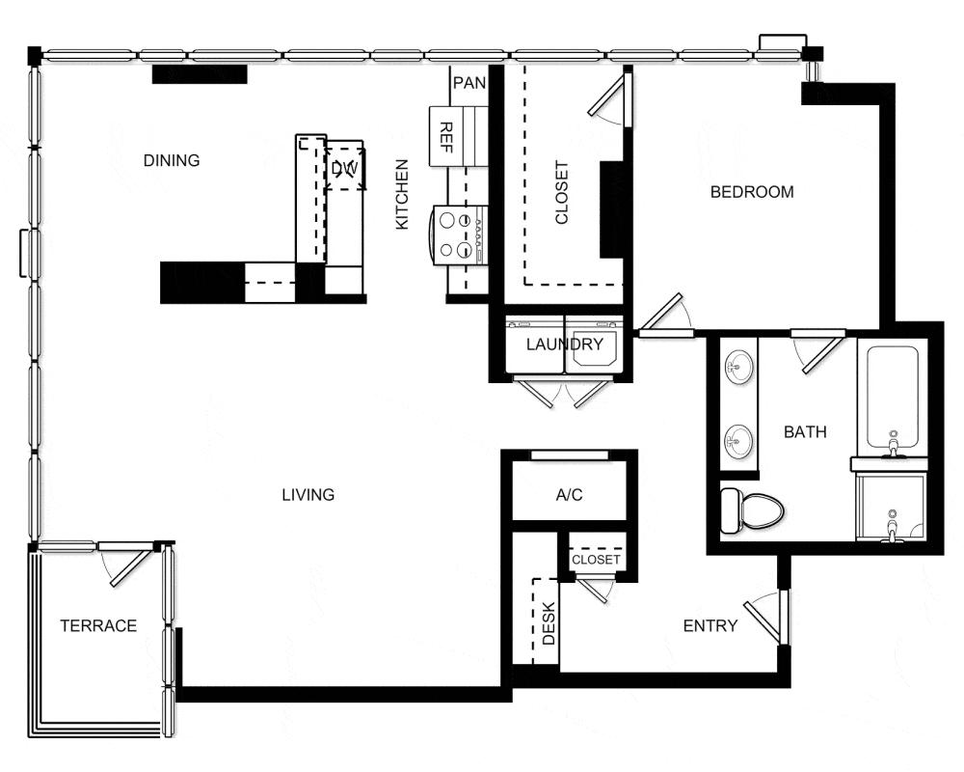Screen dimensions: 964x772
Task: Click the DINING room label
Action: click(172, 161)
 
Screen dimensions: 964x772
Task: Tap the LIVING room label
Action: click(308, 495)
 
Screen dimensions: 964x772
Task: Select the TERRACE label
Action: click(98, 626)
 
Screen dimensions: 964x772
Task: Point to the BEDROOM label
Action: click(752, 192)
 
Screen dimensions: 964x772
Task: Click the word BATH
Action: click(805, 432)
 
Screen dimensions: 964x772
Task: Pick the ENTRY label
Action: click(710, 626)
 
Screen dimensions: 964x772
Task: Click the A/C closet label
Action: click(569, 495)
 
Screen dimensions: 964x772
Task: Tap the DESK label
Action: click(549, 623)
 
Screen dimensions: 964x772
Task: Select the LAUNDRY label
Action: click(564, 345)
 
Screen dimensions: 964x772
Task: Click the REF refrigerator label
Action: click(447, 137)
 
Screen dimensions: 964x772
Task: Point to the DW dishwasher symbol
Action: click(344, 169)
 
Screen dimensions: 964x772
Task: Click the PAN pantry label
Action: click(469, 83)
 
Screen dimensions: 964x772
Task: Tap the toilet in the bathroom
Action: click(751, 510)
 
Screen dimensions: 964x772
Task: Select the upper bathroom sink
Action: click(737, 368)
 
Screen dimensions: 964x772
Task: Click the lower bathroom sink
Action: click(737, 441)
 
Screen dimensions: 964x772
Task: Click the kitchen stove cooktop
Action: click(458, 235)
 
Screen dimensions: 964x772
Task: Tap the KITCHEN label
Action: click(401, 195)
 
